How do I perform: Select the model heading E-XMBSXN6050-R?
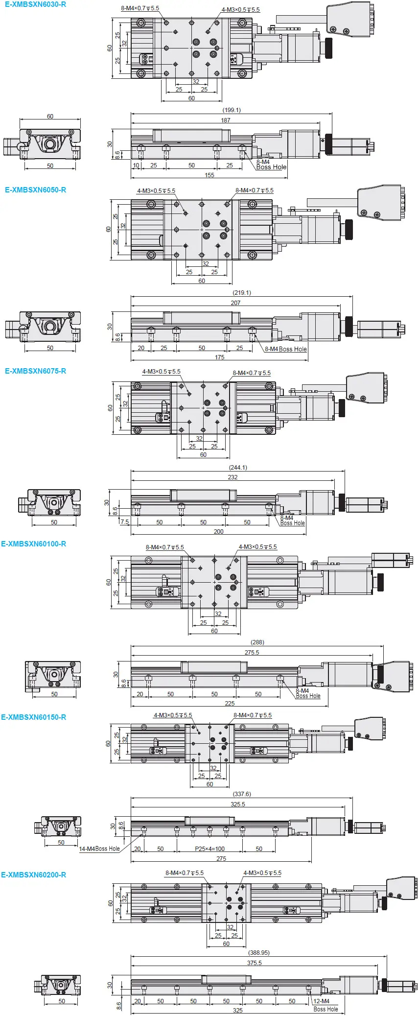coord(35,190)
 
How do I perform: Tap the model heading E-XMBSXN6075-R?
coord(35,371)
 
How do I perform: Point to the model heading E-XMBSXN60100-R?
coord(33,544)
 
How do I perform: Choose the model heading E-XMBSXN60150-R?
coord(33,717)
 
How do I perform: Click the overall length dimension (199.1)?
coord(232,110)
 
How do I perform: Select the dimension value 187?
coord(225,120)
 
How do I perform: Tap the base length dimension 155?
coord(209,175)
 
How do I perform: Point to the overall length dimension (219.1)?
coord(241,293)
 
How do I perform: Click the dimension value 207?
coord(235,303)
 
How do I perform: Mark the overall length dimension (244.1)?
coord(238,468)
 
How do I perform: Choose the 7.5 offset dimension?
coord(125,522)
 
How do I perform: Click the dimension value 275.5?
coord(252,653)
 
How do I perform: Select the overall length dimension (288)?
coord(257,642)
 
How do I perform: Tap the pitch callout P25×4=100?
coord(209,849)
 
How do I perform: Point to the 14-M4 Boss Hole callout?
coord(99,849)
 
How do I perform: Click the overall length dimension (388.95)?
coord(258,953)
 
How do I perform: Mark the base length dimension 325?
coord(237,1011)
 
